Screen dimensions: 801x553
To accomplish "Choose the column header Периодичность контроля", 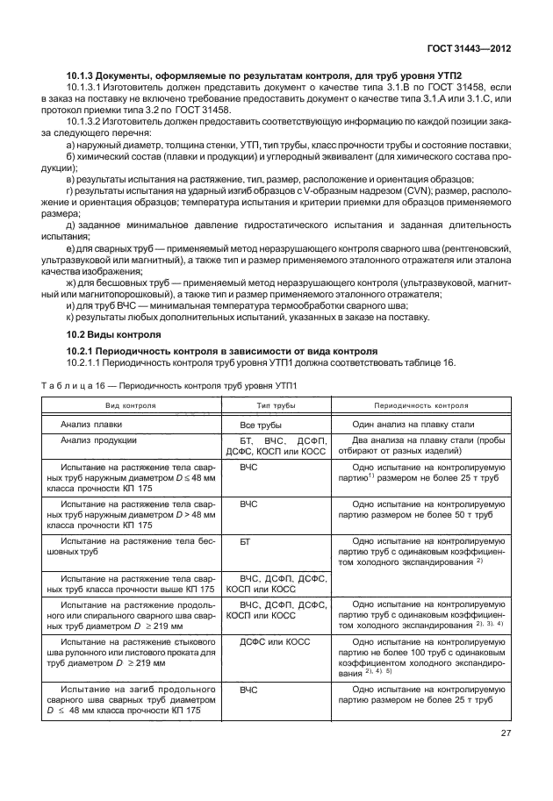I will click(420, 406).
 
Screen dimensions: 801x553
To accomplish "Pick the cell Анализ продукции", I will click(98, 440).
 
